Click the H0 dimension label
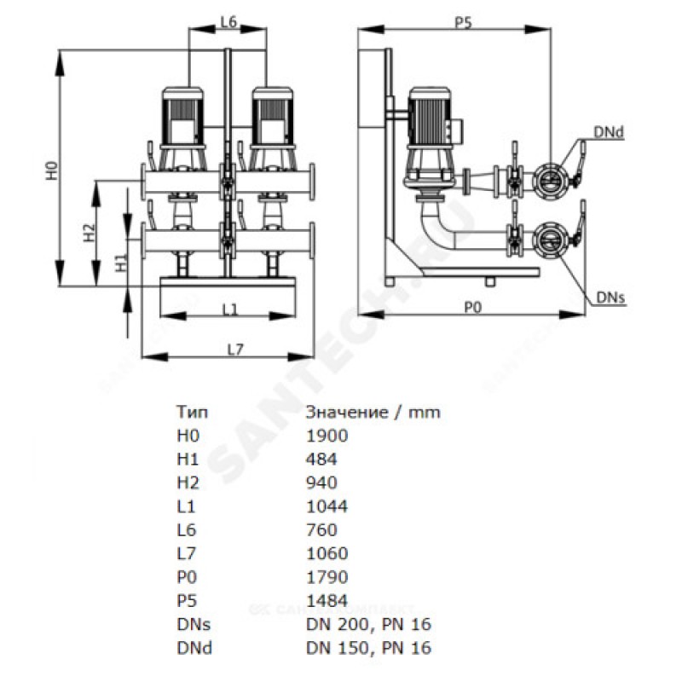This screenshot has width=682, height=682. pyautogui.click(x=52, y=170)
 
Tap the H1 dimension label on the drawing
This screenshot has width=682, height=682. pyautogui.click(x=121, y=262)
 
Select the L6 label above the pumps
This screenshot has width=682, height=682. pyautogui.click(x=228, y=24)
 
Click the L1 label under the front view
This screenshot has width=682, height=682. pyautogui.click(x=228, y=310)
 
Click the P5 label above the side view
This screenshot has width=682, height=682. pyautogui.click(x=463, y=24)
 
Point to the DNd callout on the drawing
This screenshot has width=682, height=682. pyautogui.click(x=609, y=131)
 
